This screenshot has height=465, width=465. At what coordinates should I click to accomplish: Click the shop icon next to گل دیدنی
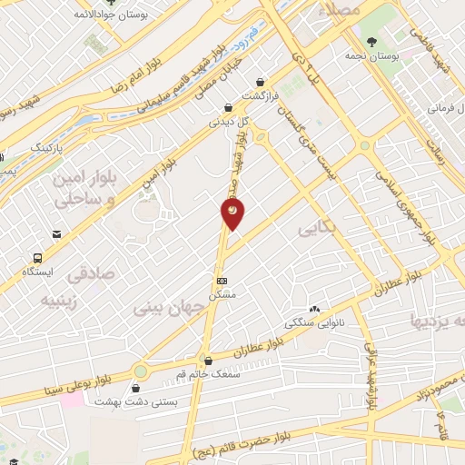215,105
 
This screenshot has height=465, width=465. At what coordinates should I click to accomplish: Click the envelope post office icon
57,234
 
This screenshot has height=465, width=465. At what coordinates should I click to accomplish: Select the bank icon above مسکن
222,281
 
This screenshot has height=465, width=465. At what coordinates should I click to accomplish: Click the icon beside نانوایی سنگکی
314,310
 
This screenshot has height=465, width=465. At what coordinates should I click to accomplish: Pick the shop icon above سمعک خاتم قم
208,360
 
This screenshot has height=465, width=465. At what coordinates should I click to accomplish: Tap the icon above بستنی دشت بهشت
135,388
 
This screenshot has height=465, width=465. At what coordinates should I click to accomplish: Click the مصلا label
341,10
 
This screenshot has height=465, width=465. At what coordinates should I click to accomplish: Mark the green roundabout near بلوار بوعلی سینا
141,371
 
